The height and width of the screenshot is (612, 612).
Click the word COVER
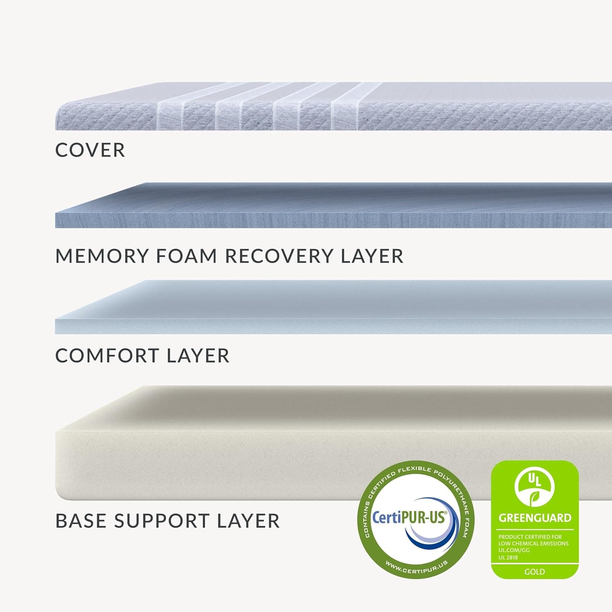(90, 150)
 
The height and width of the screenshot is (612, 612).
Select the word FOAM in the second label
(186, 256)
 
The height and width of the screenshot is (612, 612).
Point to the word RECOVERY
(279, 256)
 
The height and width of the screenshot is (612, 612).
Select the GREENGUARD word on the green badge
(535, 518)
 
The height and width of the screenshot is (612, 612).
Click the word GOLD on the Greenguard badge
(534, 572)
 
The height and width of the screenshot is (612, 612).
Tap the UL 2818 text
(508, 557)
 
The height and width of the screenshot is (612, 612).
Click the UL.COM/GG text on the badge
(514, 550)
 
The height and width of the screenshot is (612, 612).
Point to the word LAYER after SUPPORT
(248, 521)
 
